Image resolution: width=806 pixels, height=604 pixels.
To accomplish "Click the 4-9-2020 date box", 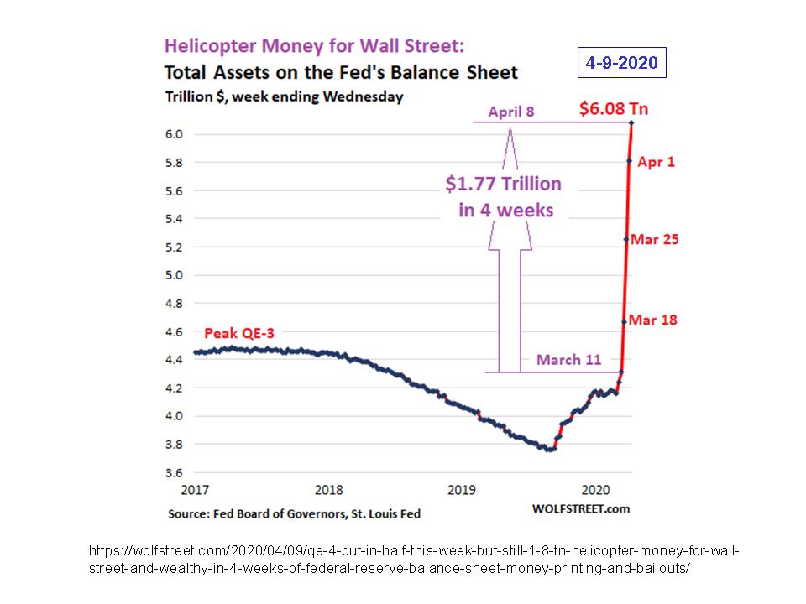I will point(623,63).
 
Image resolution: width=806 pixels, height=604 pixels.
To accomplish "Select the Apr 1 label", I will point(657,162).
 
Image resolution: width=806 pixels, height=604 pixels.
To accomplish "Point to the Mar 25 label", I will point(655,239).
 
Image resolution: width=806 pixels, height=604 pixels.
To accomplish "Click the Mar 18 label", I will point(653,320).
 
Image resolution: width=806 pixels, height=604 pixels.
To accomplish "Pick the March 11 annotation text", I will point(569,360).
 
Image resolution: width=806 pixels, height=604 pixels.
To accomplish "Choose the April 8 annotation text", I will point(511,111).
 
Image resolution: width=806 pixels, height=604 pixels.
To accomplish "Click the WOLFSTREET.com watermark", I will point(580,508).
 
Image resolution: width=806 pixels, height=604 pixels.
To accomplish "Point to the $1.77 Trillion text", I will point(504,183).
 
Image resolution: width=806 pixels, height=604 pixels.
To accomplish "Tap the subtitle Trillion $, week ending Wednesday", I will point(284,96).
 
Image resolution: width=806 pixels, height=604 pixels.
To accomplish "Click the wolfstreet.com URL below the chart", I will point(411,559).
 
